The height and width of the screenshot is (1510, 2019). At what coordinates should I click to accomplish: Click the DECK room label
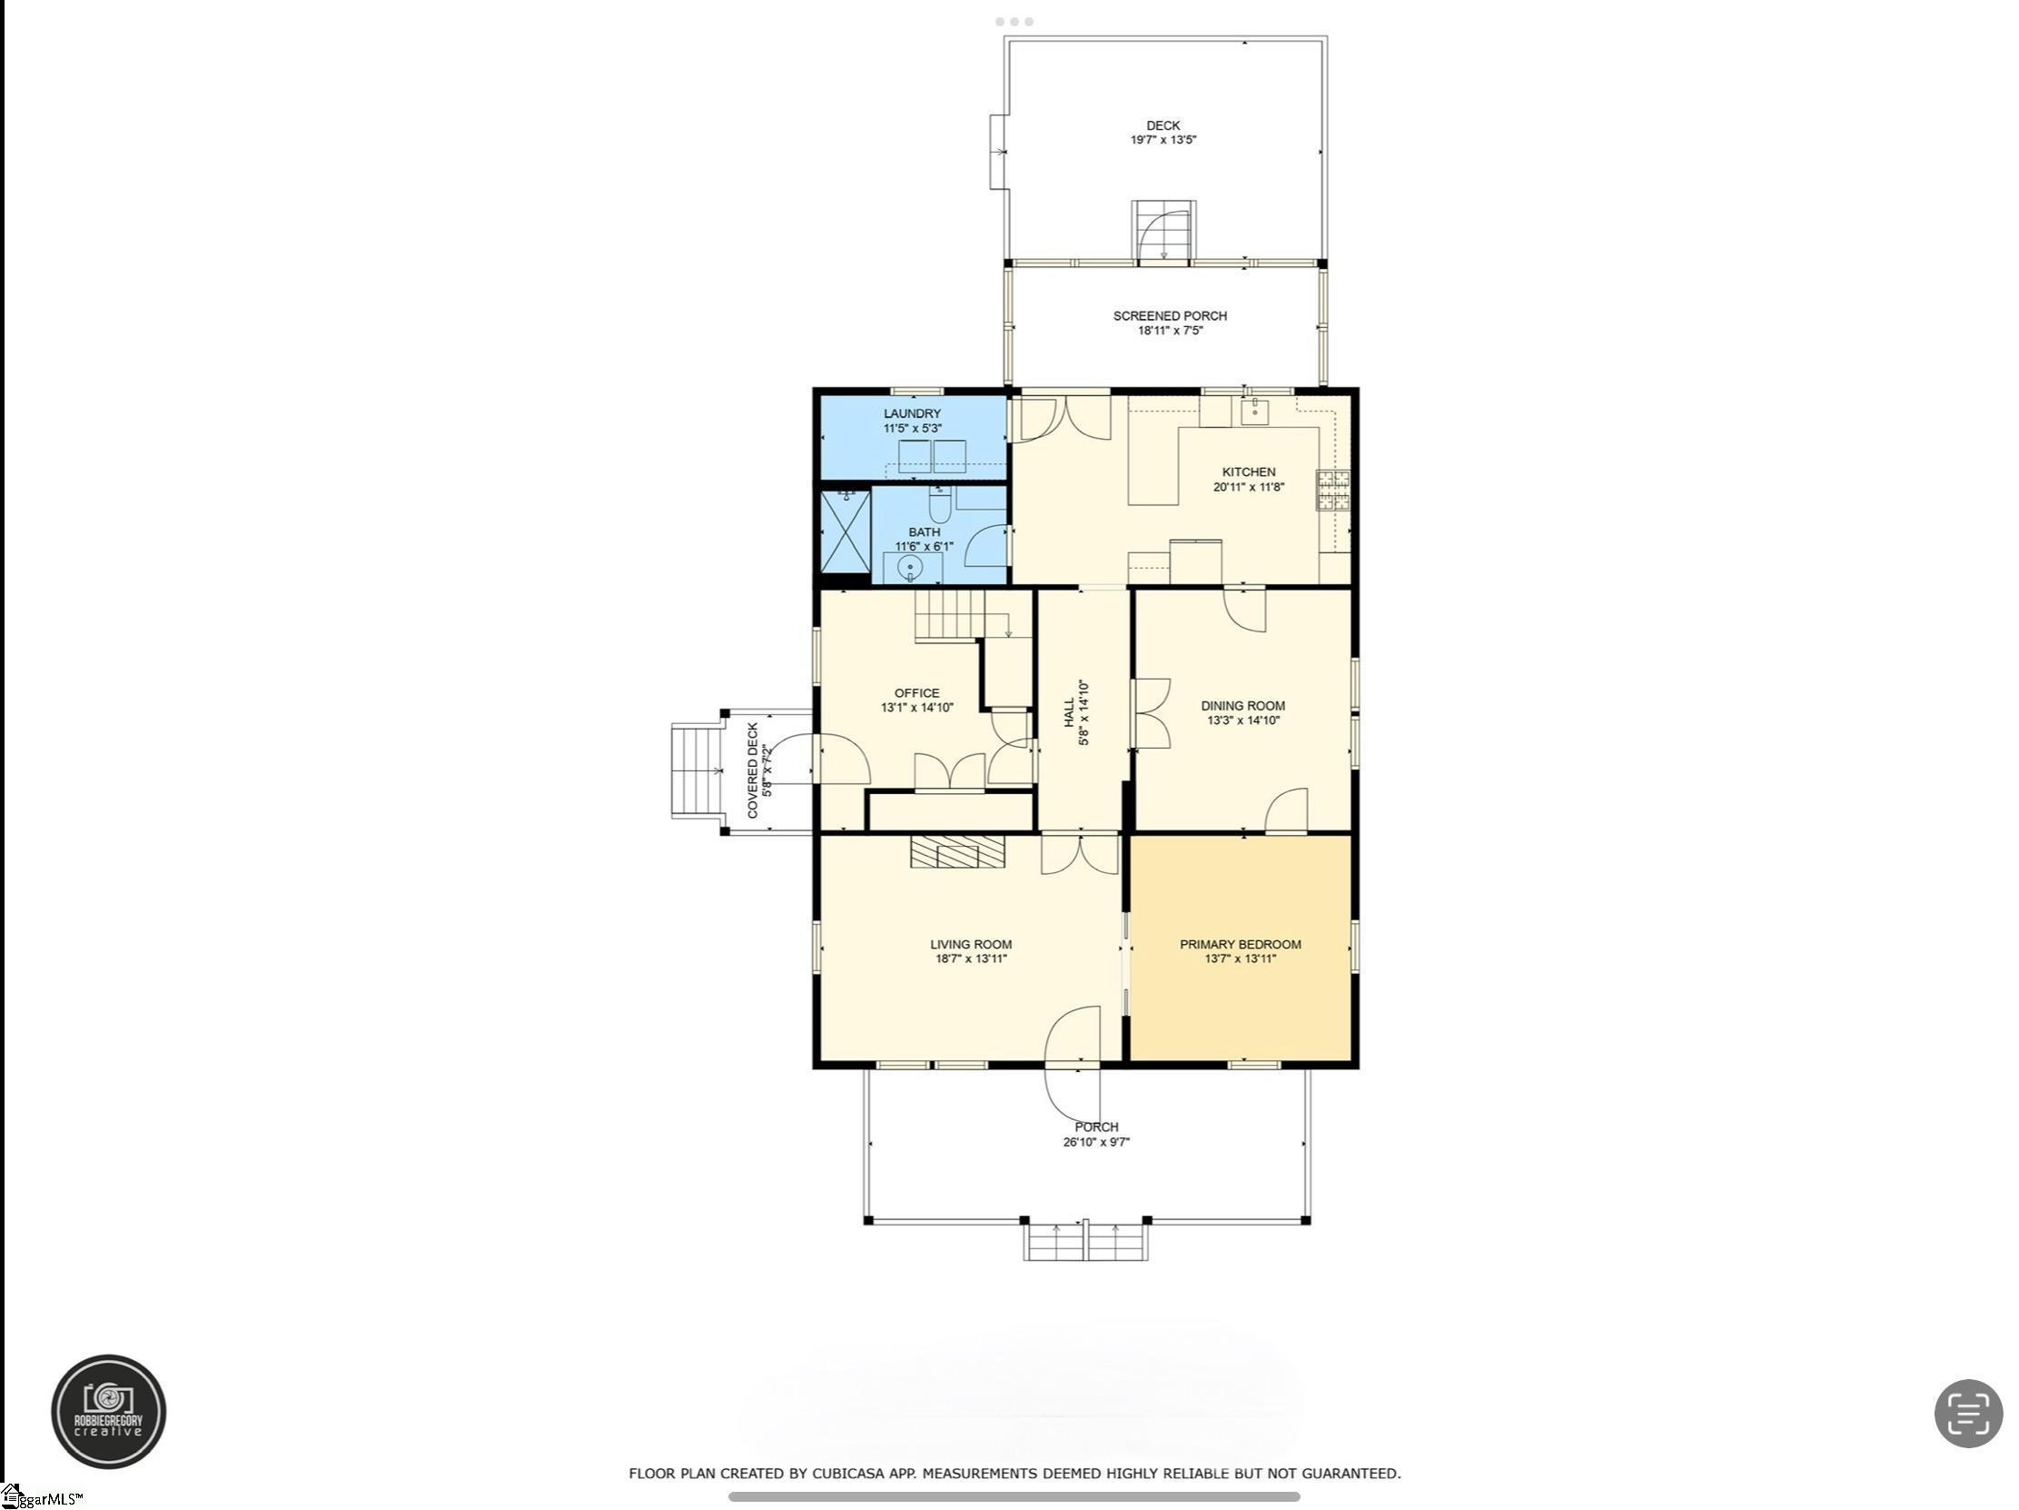point(1163,126)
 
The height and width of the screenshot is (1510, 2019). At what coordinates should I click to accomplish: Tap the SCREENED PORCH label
point(1169,316)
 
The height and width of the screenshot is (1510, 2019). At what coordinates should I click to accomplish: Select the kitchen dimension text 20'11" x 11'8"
point(1249,488)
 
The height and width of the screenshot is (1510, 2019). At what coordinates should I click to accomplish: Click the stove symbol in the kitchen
point(1332,491)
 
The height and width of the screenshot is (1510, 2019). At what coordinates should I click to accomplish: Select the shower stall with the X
point(846,531)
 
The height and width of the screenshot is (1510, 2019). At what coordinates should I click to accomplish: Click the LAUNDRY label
point(912,413)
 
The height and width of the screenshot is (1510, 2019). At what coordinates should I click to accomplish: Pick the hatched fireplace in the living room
point(957,852)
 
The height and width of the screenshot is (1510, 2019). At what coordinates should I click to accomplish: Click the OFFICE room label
point(916,693)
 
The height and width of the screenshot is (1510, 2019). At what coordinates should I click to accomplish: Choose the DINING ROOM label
point(1242,706)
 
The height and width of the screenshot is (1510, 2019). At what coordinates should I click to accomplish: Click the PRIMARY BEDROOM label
point(1241,945)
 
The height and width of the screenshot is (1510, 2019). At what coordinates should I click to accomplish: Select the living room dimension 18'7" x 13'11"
point(970,959)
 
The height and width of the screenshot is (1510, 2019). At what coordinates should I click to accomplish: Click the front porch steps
point(1085,1242)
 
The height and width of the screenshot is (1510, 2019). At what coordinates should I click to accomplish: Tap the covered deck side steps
point(698,770)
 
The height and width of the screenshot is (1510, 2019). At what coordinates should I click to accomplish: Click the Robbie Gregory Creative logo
point(109,1411)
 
